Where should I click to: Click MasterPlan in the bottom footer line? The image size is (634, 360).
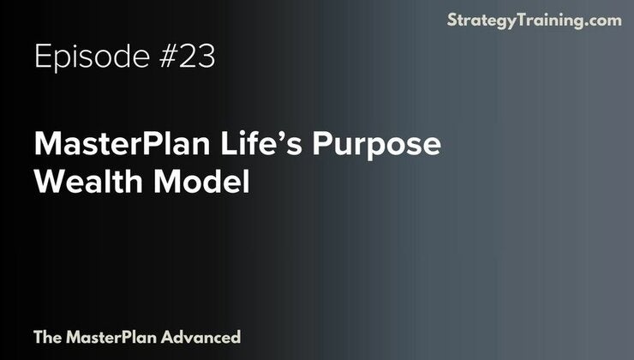point(110,337)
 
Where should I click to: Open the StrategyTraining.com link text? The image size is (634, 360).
point(534,21)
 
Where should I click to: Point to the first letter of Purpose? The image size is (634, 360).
point(322,145)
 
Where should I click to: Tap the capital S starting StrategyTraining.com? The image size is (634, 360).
point(452,21)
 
